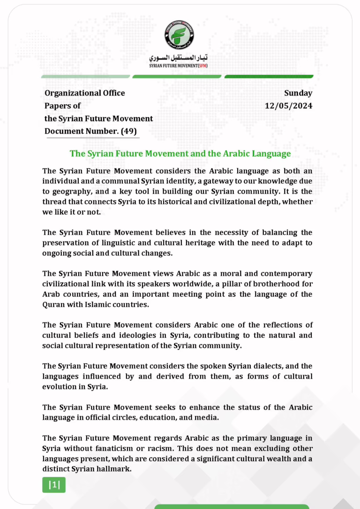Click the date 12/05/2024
(288, 106)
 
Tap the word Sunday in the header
(298, 93)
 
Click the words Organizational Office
(85, 93)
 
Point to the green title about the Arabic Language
(180, 153)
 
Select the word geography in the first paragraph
(71, 191)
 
